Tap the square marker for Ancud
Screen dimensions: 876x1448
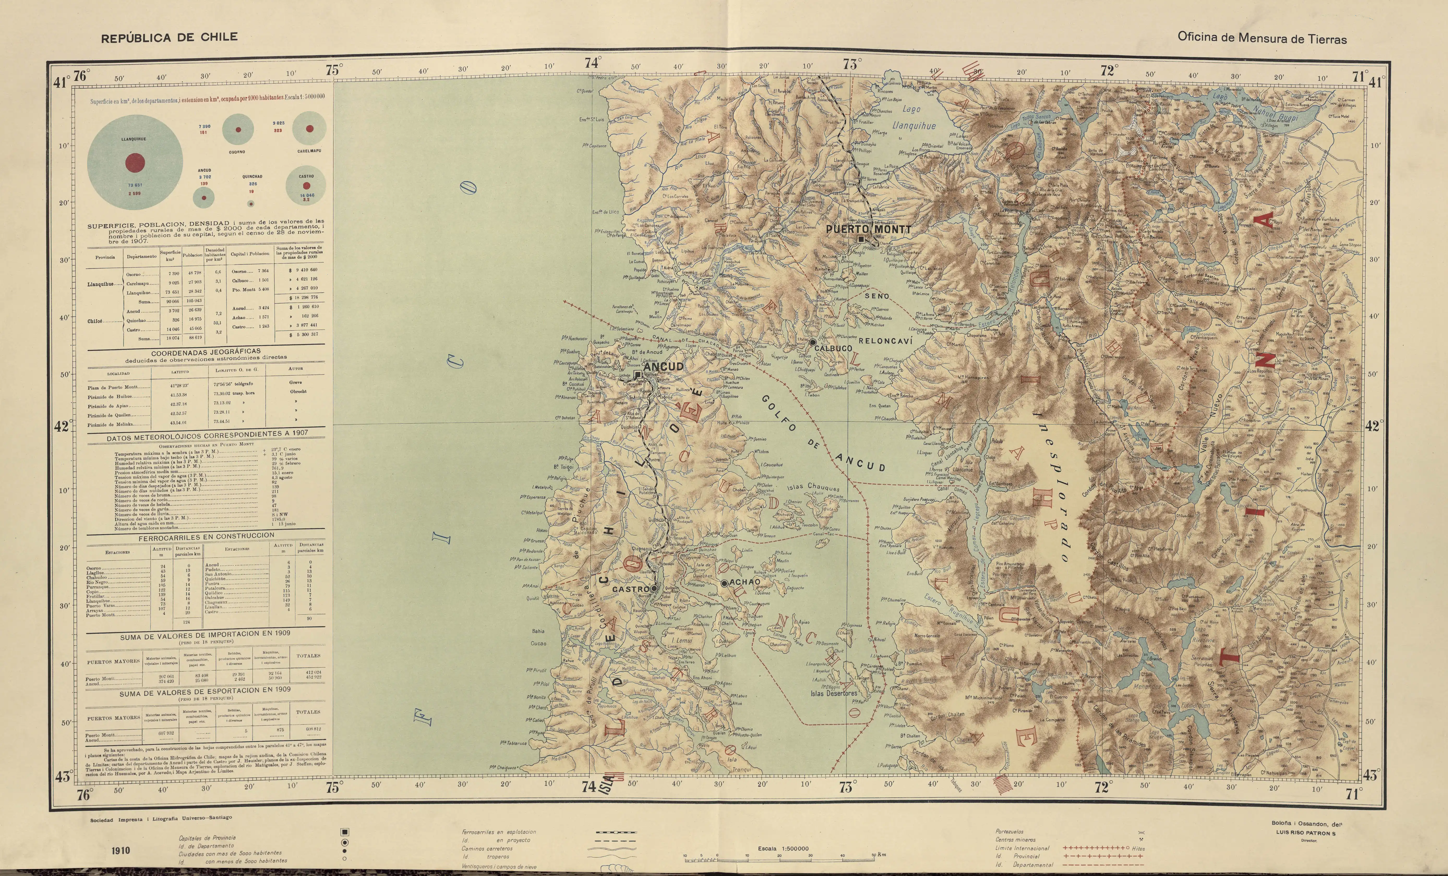coord(638,374)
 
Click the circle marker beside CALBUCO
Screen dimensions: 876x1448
coord(812,341)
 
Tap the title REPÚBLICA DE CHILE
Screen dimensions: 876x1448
coord(169,38)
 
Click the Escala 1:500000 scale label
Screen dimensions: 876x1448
coord(783,848)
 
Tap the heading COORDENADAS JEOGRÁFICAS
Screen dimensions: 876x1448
coord(206,353)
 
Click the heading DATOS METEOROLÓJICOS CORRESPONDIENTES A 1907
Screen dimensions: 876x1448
coord(207,436)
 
